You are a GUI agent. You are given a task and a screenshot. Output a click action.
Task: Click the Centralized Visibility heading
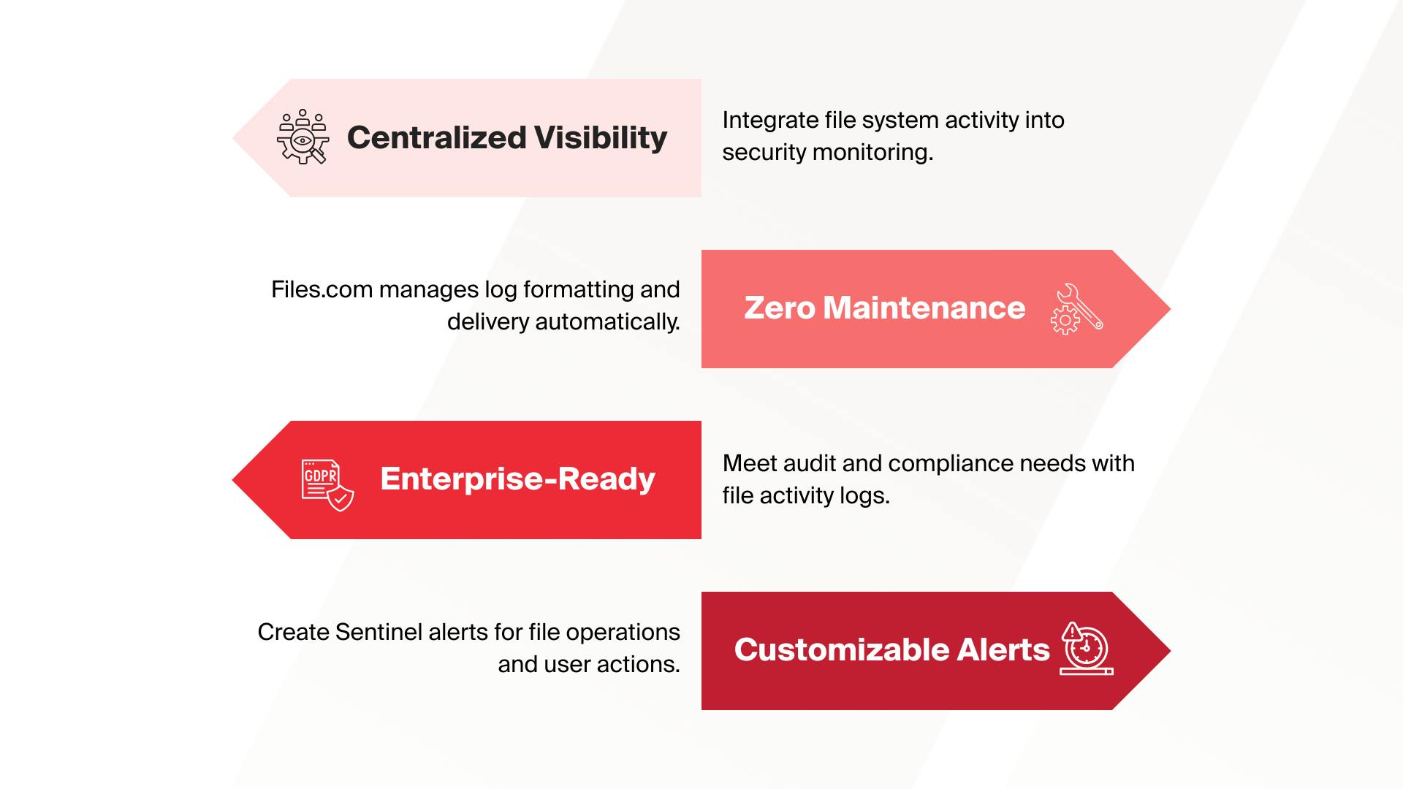[x=507, y=138]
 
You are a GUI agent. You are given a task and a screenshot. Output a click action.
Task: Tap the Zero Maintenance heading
[x=885, y=308]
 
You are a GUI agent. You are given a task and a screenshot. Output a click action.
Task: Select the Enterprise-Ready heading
[x=517, y=479]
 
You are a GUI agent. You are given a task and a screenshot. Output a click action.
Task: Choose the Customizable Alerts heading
[x=891, y=649]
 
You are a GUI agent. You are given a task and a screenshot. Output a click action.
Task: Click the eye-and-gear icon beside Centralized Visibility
[x=303, y=137]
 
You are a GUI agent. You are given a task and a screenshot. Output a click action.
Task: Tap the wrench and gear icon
[x=1076, y=309]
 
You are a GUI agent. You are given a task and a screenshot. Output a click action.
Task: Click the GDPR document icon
[x=327, y=485]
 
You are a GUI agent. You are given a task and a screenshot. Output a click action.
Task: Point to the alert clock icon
[x=1087, y=649]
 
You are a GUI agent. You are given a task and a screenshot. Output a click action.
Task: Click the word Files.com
[x=322, y=289]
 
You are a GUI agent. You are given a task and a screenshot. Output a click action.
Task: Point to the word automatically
[x=607, y=322]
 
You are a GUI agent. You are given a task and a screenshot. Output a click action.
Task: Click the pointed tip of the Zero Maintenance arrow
[x=1170, y=309]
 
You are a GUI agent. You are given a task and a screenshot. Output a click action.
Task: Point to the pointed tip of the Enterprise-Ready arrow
[x=233, y=480]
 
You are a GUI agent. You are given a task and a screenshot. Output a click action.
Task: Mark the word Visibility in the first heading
[x=601, y=138]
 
